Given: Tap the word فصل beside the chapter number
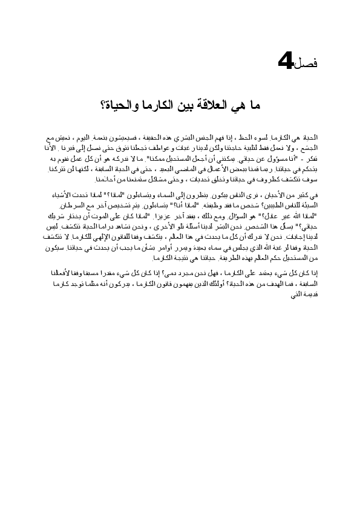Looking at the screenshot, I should point(306,64).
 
